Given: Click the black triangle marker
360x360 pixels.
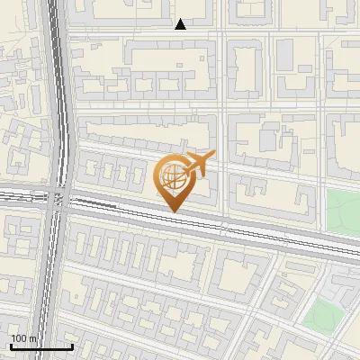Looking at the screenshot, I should (180, 24).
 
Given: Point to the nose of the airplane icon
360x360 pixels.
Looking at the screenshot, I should (211, 156).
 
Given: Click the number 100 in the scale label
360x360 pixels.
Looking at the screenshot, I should (19, 338).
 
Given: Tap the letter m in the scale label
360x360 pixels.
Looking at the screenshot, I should (32, 338).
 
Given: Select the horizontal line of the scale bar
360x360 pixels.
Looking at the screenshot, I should (40, 346).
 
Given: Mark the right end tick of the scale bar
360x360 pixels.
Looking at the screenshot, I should (72, 345).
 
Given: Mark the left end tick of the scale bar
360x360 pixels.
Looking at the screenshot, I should (10, 345).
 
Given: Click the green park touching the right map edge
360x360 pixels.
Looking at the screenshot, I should (343, 211).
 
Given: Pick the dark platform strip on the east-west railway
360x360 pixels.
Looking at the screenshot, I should (94, 204).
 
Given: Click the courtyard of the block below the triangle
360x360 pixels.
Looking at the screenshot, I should (166, 71).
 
